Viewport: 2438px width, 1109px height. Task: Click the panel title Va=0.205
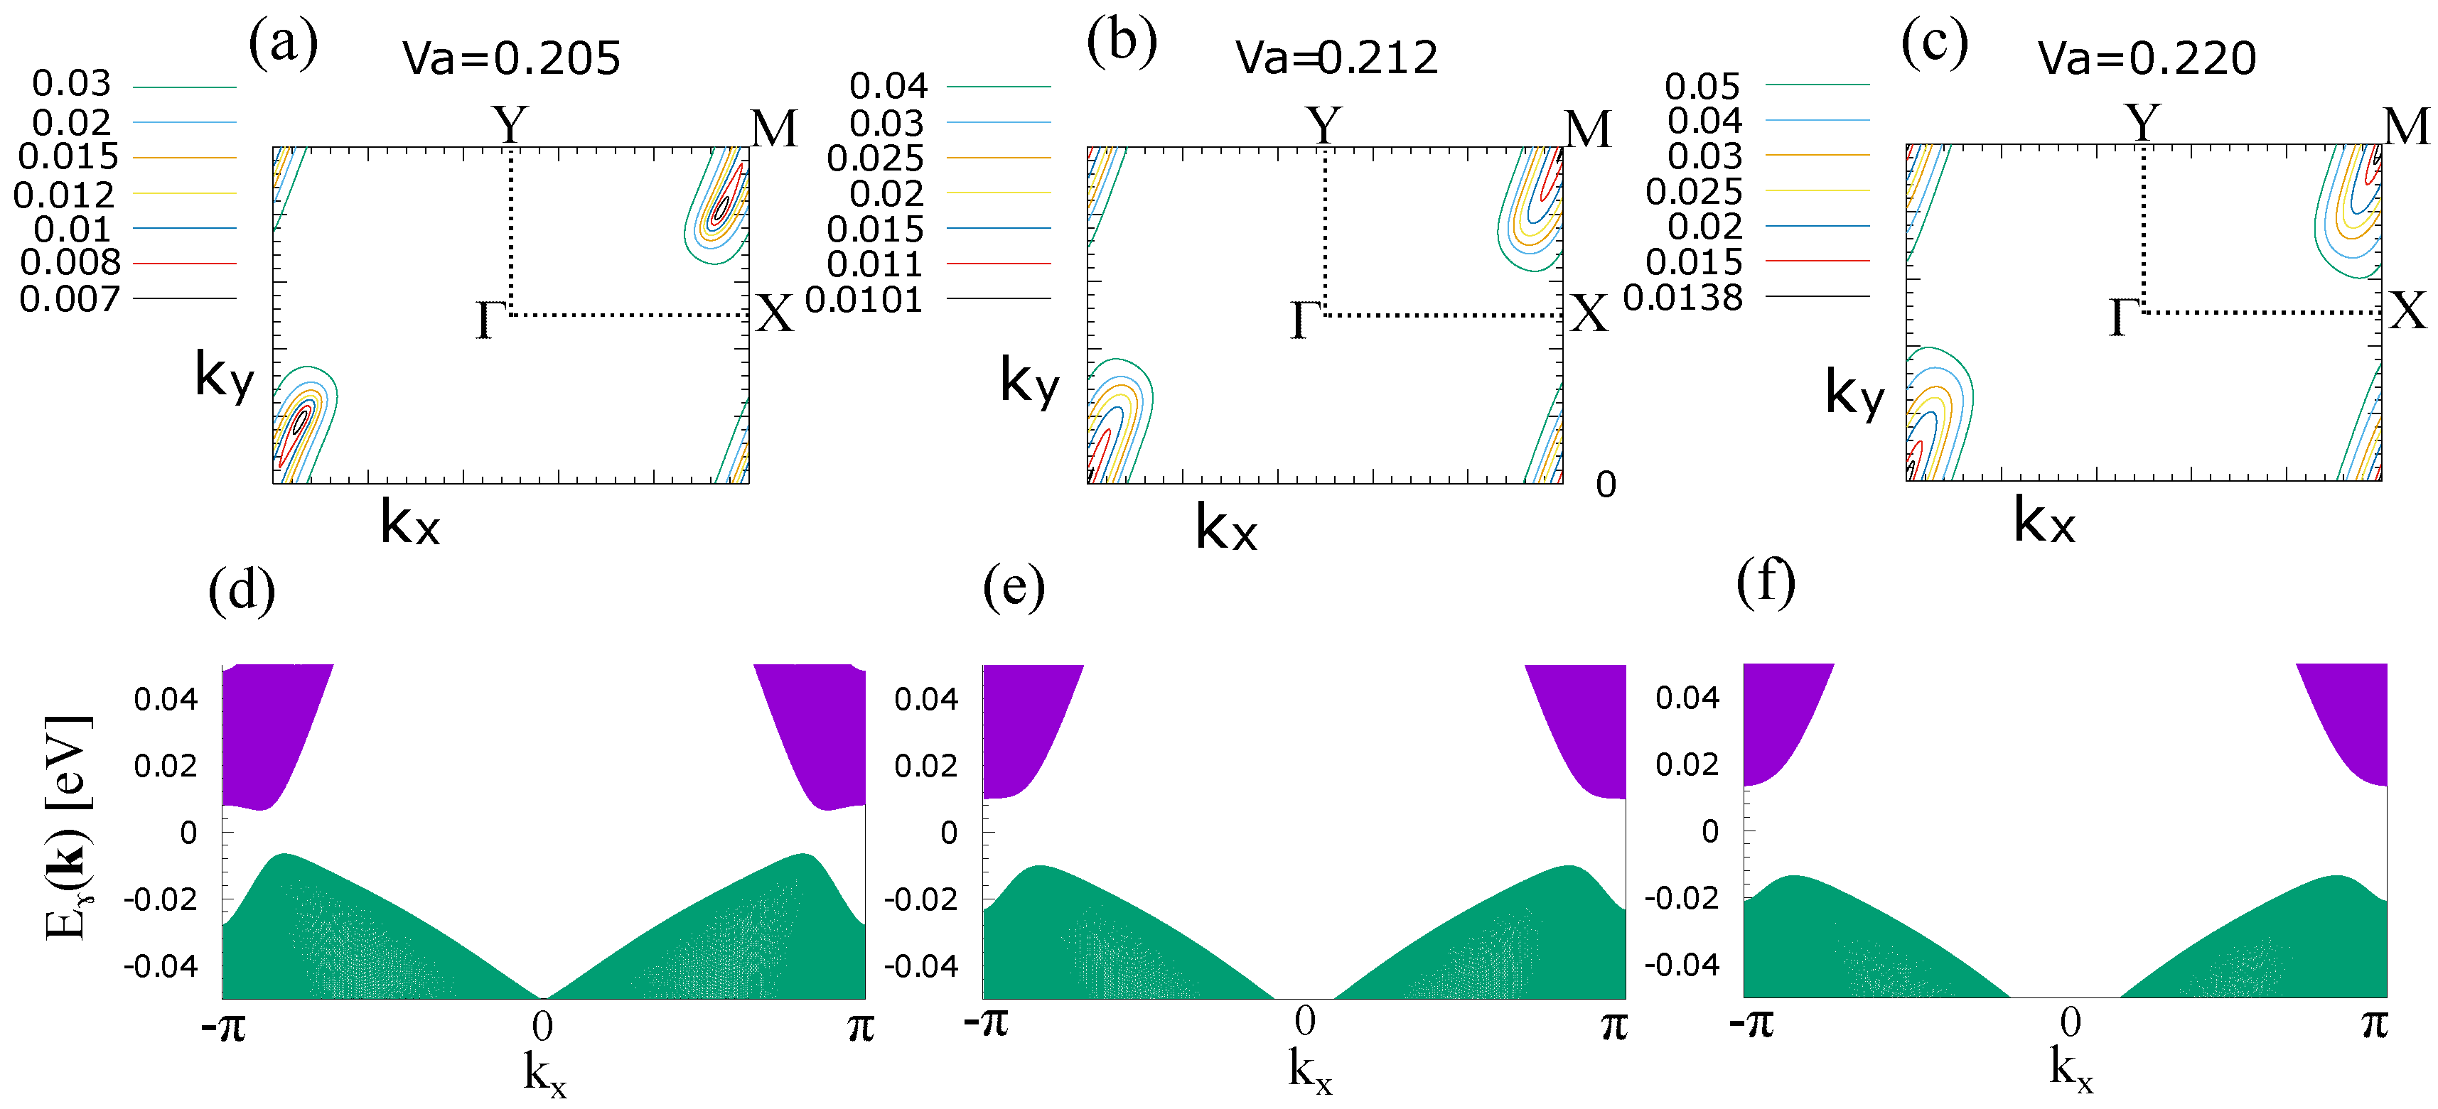pos(511,59)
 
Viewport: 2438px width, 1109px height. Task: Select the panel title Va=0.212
pos(1336,59)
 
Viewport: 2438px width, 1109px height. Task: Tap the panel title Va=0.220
pos(2147,59)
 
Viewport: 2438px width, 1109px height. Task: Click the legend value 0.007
pos(70,300)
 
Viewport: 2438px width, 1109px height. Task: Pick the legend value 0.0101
pos(863,301)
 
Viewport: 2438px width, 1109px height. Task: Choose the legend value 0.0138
pos(1682,298)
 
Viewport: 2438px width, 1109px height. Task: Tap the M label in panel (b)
pos(1588,129)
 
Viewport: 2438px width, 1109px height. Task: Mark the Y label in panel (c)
pos(2143,123)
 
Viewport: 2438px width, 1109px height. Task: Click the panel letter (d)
pos(242,590)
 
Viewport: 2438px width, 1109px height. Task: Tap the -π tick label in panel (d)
pos(223,1027)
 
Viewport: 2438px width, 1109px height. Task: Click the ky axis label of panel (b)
pos(1030,382)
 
